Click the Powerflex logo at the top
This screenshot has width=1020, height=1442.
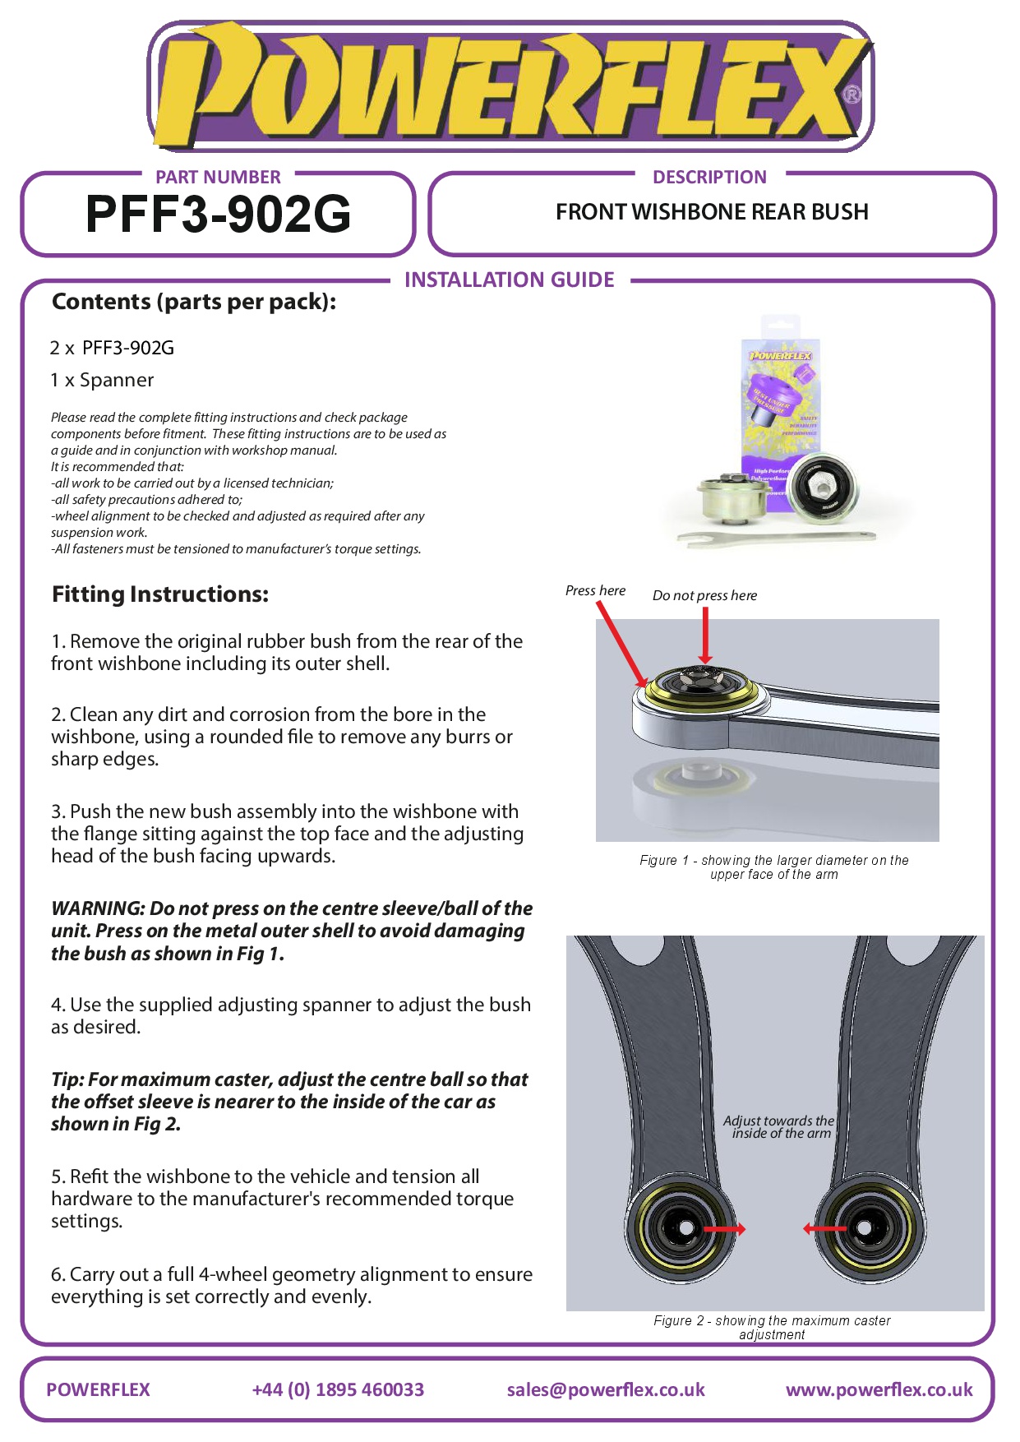pyautogui.click(x=510, y=86)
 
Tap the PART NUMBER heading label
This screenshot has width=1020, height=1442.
pyautogui.click(x=218, y=177)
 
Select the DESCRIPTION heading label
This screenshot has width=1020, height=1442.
pyautogui.click(x=709, y=177)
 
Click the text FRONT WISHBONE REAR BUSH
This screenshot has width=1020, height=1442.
pyautogui.click(x=712, y=212)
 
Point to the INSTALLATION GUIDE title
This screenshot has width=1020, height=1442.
pyautogui.click(x=509, y=280)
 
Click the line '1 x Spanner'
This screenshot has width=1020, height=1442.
pyautogui.click(x=102, y=381)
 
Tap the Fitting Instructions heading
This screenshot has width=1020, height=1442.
pyautogui.click(x=160, y=594)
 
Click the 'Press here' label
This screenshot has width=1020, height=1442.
pyautogui.click(x=595, y=590)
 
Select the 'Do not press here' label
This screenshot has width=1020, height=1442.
pyautogui.click(x=704, y=595)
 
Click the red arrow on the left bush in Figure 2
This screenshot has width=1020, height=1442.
pyautogui.click(x=724, y=1229)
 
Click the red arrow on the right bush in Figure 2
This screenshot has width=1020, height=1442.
pyautogui.click(x=824, y=1229)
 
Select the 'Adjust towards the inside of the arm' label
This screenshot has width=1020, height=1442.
pyautogui.click(x=779, y=1127)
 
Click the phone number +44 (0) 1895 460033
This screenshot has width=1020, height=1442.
pyautogui.click(x=338, y=1389)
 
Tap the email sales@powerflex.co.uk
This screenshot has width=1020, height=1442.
pyautogui.click(x=606, y=1389)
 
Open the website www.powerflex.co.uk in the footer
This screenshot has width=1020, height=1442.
pyautogui.click(x=879, y=1389)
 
